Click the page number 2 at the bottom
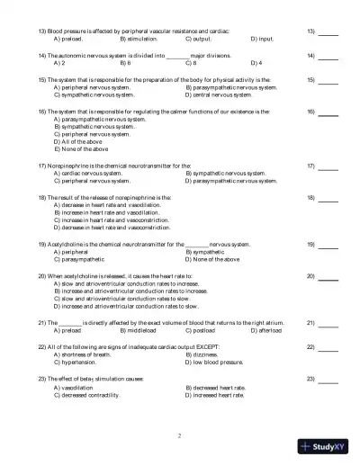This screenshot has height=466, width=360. click(x=180, y=435)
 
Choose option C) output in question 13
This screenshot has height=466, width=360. click(x=198, y=40)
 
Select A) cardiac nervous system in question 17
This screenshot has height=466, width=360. click(x=86, y=174)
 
